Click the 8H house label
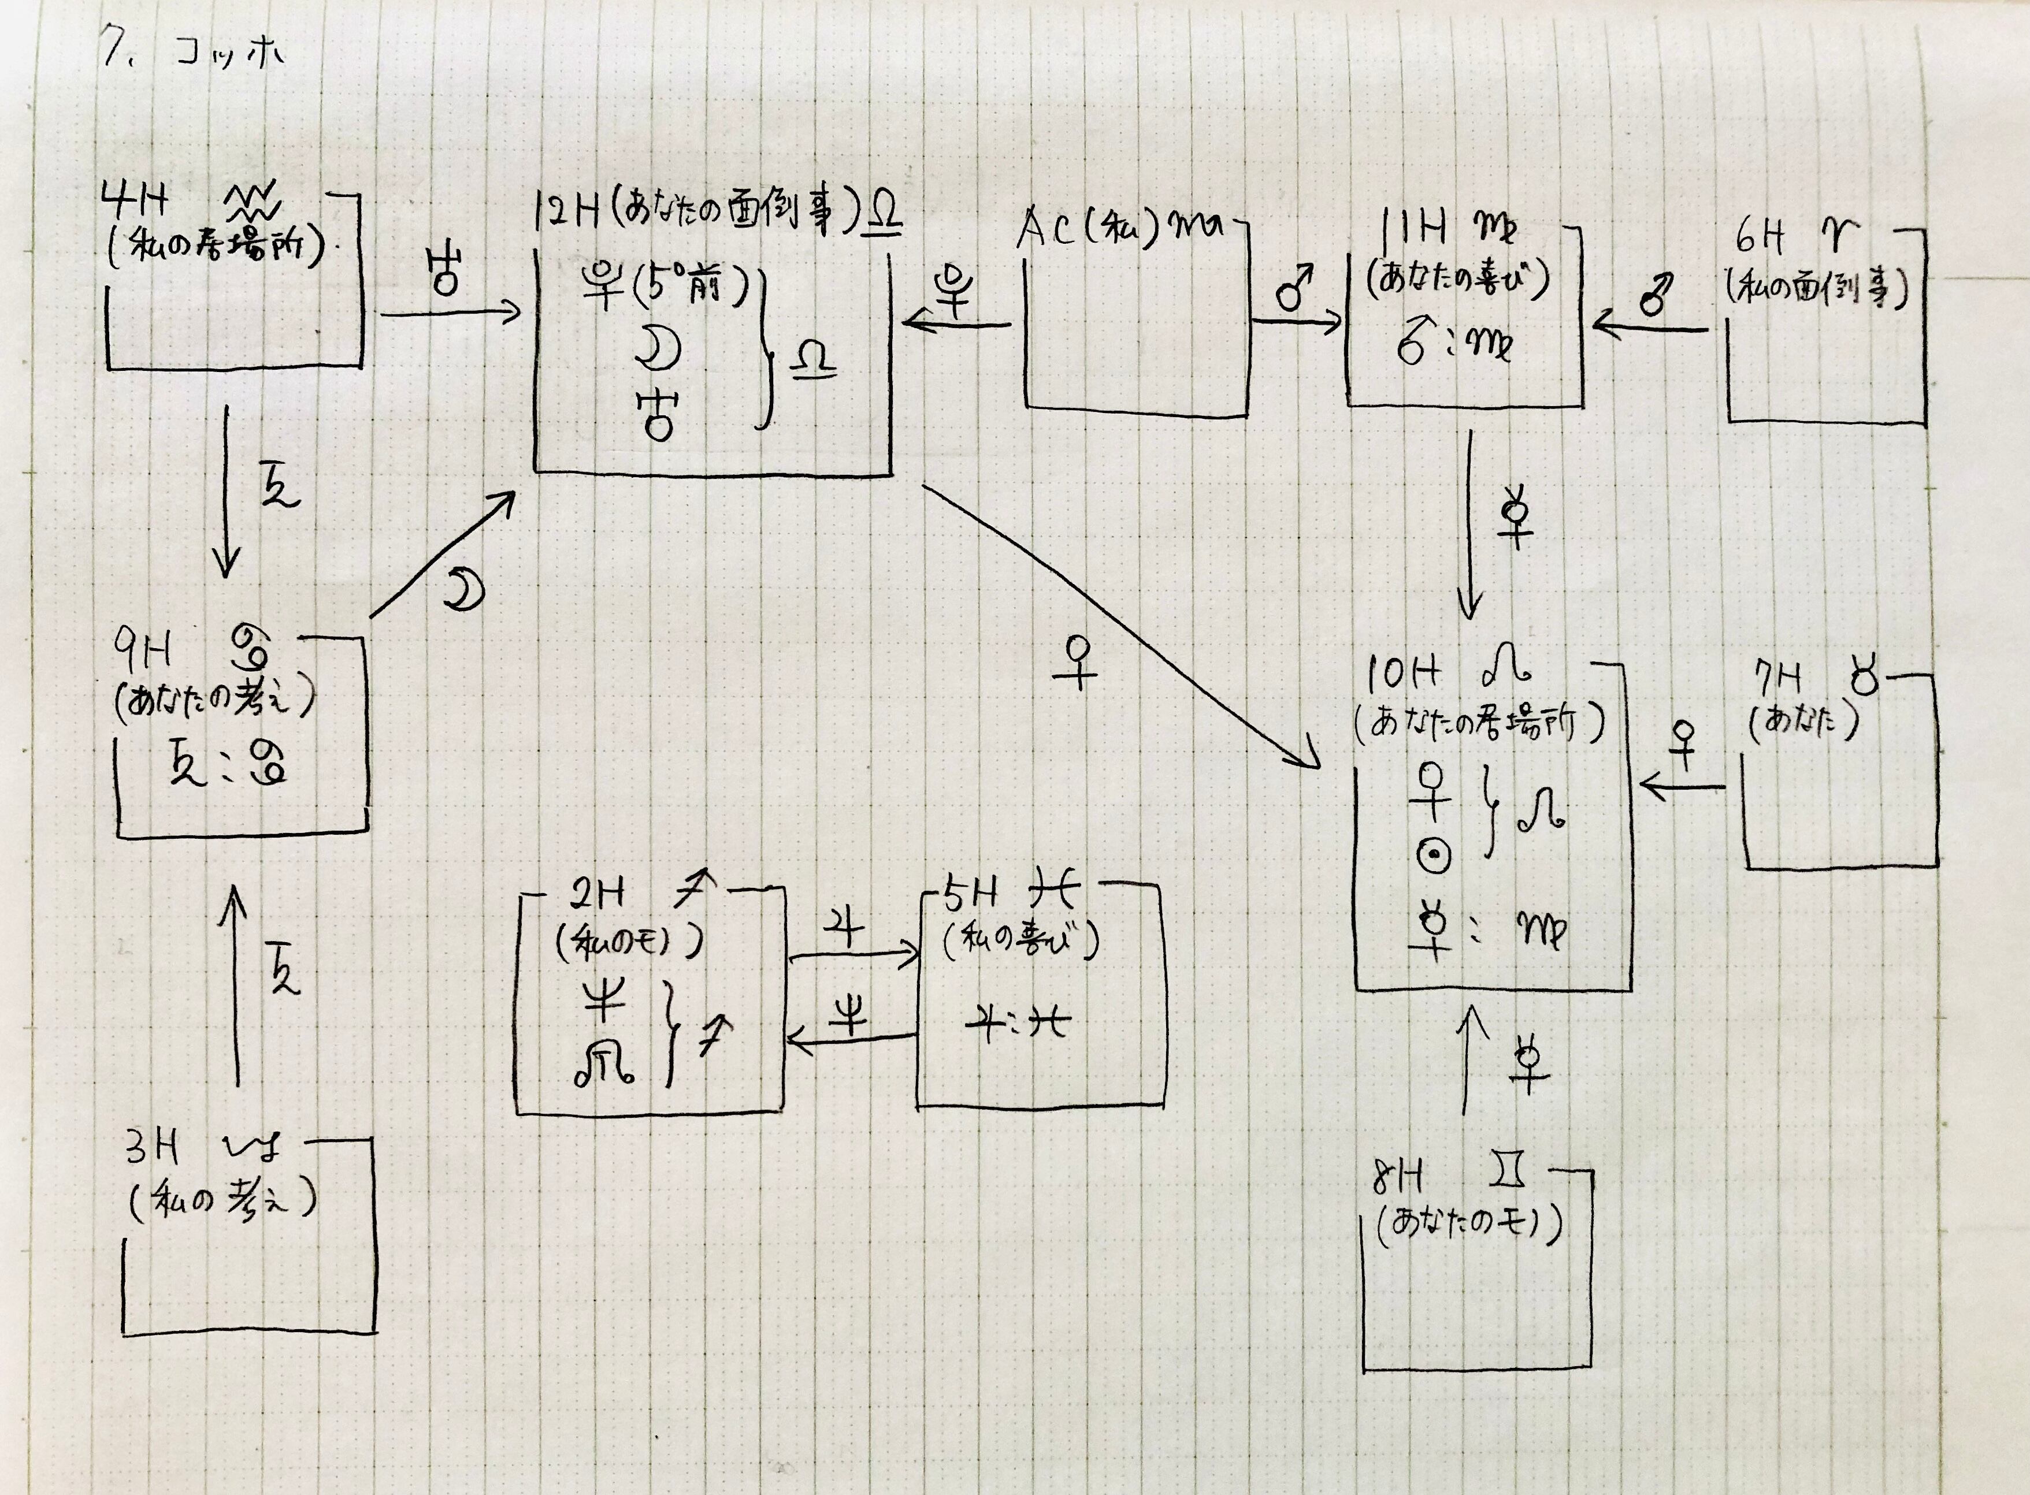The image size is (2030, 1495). (1398, 1177)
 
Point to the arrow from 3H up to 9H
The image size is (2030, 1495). (236, 987)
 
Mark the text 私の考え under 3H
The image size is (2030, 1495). (222, 1201)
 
